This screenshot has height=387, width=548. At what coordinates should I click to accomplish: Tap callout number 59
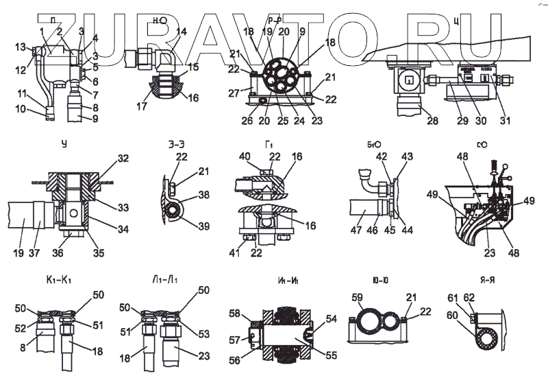(x=358, y=297)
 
